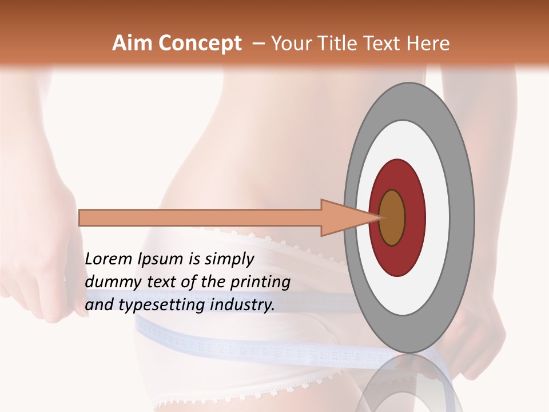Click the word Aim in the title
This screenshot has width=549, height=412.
133,43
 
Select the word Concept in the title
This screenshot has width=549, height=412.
200,43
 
